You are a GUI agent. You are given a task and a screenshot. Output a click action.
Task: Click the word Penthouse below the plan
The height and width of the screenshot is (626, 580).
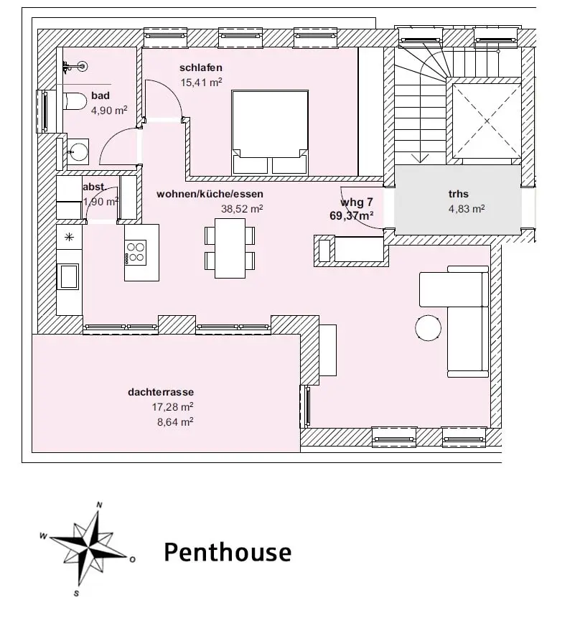[x=228, y=552]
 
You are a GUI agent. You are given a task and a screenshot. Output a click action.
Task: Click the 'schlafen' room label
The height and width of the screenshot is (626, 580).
[x=201, y=68]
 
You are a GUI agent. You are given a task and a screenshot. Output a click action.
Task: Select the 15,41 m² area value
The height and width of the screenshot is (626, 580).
[x=202, y=83]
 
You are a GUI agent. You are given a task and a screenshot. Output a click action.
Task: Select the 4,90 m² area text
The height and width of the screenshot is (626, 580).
[x=109, y=111]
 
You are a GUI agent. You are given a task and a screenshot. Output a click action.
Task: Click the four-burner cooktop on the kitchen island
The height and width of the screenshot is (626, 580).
[x=136, y=253]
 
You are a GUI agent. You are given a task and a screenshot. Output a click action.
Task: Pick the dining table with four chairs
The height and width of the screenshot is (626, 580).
[x=230, y=248]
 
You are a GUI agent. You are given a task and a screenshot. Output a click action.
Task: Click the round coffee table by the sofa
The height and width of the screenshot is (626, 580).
[x=429, y=328]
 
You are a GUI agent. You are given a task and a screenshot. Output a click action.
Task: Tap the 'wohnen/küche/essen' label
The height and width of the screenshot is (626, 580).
[x=210, y=194]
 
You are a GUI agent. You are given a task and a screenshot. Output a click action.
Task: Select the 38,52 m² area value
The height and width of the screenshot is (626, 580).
[x=241, y=208]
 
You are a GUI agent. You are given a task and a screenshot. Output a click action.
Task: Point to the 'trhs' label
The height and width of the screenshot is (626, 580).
[x=458, y=194]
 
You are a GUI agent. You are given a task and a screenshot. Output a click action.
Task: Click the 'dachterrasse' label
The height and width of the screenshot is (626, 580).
[x=162, y=393]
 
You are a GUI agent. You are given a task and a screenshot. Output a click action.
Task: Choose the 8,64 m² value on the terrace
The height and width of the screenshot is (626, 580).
[x=176, y=422]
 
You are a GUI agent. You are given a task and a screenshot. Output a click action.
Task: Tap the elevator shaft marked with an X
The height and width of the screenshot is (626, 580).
[x=485, y=121]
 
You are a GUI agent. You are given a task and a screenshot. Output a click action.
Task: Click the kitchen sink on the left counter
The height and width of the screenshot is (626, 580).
[x=69, y=276]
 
